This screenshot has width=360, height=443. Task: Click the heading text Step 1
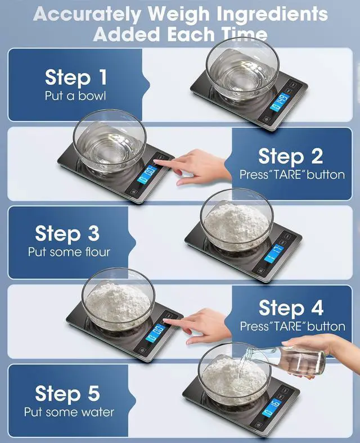pos(75,77)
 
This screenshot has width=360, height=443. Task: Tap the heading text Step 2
pos(291,156)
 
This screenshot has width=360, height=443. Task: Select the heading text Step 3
pos(67,233)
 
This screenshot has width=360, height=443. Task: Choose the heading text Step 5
pos(68,393)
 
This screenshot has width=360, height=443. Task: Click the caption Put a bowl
pos(75,96)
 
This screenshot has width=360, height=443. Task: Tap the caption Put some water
pos(69,412)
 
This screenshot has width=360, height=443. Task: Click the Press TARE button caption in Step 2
pos(292,175)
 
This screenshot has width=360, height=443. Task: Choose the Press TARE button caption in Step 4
pos(292,326)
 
